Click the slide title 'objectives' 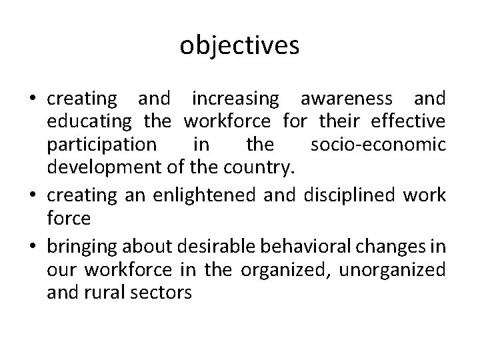(x=239, y=46)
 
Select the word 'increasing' (x=235, y=100)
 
